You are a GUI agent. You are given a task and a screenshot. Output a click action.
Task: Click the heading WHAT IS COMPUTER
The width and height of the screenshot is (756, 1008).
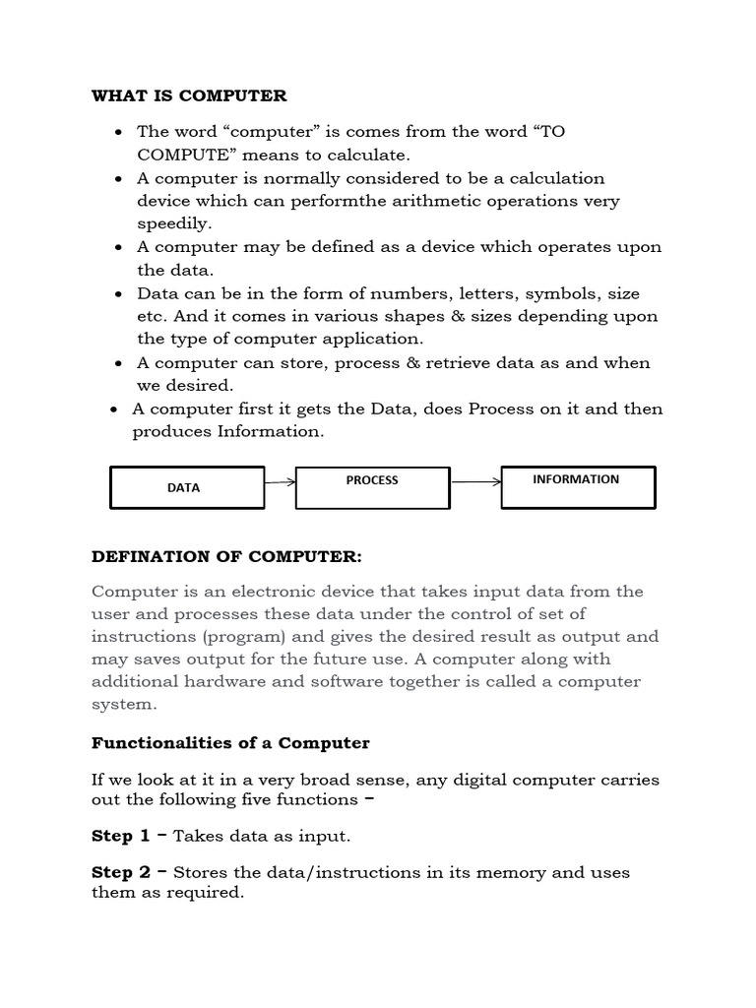tap(189, 95)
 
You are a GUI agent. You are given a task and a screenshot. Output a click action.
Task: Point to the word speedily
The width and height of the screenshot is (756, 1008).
tap(174, 223)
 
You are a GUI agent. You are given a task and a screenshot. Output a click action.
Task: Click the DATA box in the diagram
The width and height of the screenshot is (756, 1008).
tap(186, 487)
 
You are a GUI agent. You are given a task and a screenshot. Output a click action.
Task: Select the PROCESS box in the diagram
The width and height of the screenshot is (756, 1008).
tap(372, 487)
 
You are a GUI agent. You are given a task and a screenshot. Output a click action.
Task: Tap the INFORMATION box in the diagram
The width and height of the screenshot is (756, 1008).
tap(578, 487)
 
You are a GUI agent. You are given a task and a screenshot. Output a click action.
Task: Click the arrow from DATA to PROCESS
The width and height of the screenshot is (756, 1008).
tap(280, 482)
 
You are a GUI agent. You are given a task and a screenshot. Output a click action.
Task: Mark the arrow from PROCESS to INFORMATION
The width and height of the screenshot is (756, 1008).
tap(475, 482)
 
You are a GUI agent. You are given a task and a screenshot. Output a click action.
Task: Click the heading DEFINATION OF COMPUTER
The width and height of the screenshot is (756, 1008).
tap(226, 557)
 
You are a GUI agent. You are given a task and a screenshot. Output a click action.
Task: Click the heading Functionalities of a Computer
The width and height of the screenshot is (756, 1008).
tap(230, 742)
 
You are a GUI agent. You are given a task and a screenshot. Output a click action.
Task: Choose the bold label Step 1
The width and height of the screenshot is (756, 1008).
tap(121, 836)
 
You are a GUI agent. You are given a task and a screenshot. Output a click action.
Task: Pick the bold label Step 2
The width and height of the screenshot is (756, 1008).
tap(121, 872)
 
